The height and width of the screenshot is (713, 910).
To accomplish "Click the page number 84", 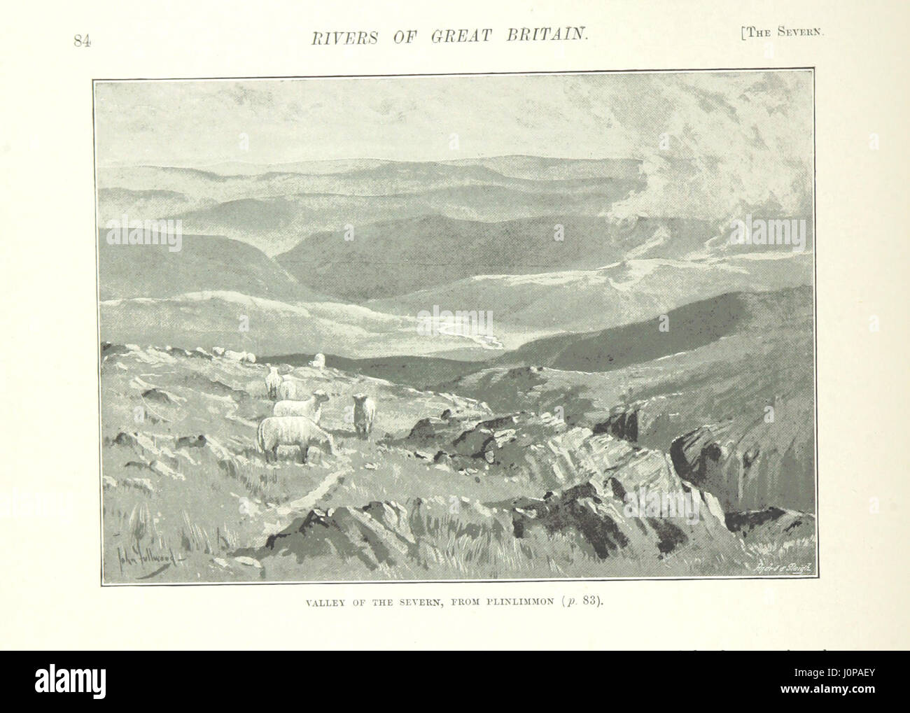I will (x=83, y=41).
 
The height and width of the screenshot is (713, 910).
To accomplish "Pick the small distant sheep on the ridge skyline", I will (x=318, y=360).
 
